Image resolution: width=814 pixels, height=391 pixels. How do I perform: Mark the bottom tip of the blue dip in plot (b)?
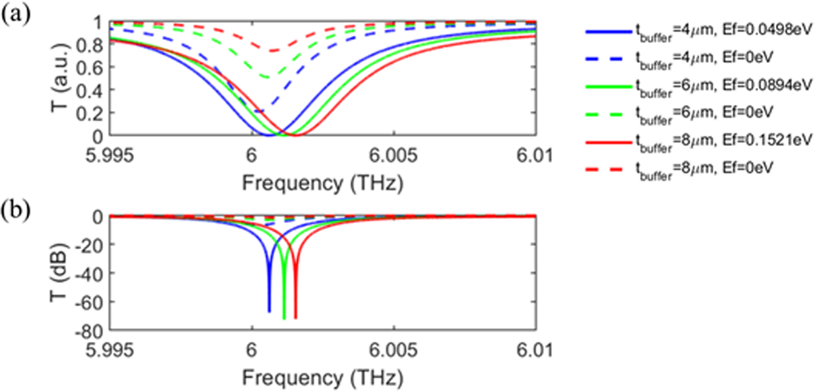[269, 312]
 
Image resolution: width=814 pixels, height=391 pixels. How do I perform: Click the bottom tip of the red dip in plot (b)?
[296, 318]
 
